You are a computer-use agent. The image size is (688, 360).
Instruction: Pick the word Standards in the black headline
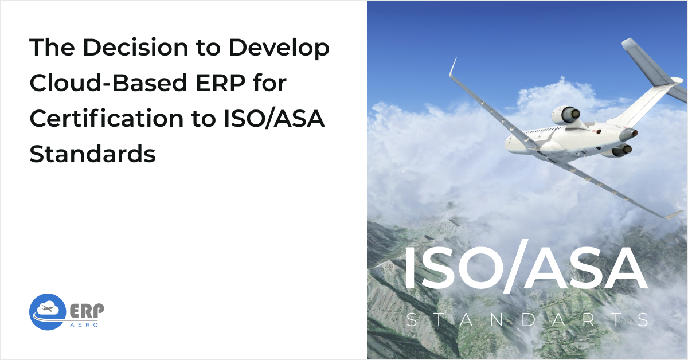point(92,155)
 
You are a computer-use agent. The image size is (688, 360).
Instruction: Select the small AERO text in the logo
point(86,324)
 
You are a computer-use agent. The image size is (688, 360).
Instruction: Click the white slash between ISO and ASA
point(511,269)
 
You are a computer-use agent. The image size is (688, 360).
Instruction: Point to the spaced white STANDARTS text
point(527,320)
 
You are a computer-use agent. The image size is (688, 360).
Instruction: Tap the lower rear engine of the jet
point(619,150)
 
